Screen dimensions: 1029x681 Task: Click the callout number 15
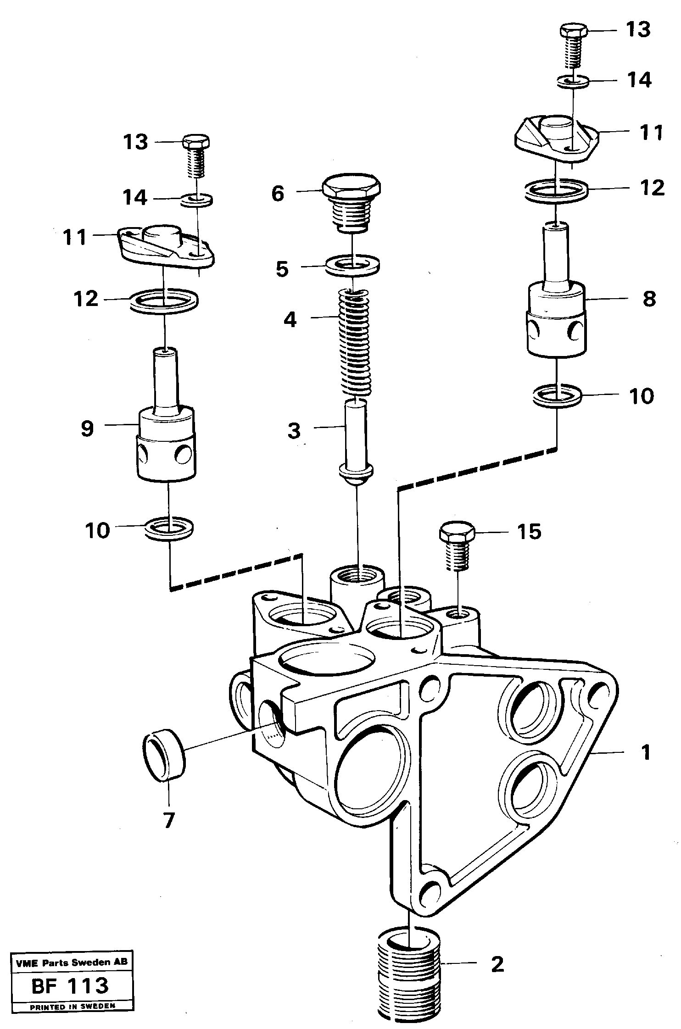tap(529, 532)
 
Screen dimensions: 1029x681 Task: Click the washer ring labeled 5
tap(352, 265)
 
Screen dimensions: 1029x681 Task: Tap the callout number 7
tap(169, 820)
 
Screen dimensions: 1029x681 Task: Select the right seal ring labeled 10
tap(557, 396)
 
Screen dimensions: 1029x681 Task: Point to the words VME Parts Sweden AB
tap(72, 963)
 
